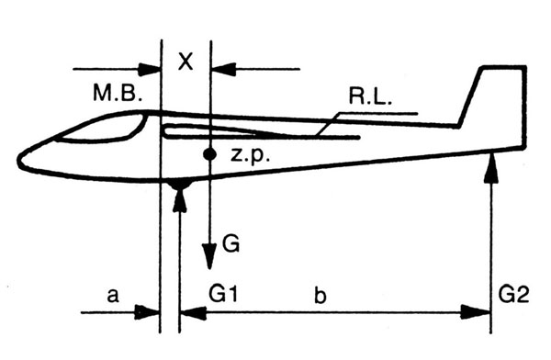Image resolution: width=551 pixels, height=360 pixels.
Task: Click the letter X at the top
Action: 186,62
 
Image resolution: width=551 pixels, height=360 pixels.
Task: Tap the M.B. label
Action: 118,94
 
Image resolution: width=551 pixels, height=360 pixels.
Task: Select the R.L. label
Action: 370,96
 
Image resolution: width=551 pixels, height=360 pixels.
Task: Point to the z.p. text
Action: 250,155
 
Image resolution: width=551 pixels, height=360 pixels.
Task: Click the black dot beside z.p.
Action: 209,154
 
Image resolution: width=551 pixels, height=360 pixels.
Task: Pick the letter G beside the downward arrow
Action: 231,243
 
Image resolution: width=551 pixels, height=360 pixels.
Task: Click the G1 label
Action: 223,294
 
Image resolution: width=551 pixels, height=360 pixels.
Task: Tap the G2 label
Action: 513,294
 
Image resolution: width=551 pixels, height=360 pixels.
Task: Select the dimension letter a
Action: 112,296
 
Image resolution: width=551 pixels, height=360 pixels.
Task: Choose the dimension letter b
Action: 320,296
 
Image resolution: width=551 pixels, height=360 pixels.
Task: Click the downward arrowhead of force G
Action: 209,256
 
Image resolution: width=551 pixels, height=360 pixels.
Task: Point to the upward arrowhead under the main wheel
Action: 180,199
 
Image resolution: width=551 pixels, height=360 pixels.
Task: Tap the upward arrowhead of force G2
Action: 491,169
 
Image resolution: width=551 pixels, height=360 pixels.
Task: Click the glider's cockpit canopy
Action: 102,128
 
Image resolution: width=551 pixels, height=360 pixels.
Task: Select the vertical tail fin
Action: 499,95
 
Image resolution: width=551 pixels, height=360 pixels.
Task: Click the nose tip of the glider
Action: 18,160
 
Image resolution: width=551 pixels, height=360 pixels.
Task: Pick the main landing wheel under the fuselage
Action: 180,184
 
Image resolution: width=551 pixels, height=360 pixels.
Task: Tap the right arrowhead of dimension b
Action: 476,312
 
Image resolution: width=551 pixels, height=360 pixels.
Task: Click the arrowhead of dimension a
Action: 148,312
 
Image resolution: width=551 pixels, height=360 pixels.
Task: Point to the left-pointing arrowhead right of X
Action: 223,69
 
